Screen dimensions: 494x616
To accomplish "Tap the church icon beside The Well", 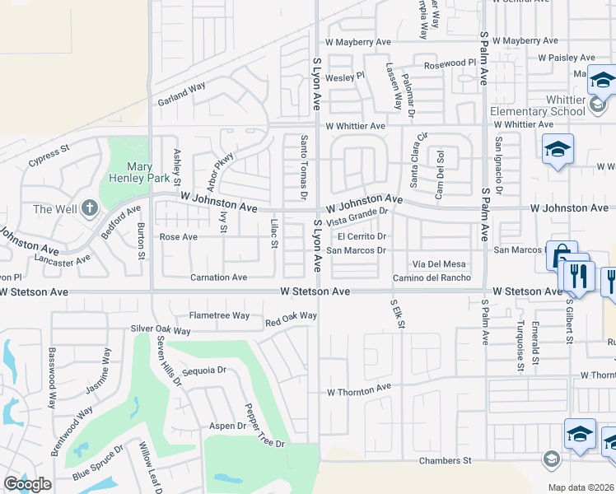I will [x=89, y=208].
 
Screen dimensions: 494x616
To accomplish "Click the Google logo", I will [x=27, y=484].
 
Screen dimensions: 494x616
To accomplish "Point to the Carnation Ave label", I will [x=218, y=277].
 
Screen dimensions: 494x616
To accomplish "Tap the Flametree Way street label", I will [x=219, y=315].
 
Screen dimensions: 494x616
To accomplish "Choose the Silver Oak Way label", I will [x=161, y=330].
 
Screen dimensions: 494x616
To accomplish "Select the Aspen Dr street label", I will [x=227, y=426].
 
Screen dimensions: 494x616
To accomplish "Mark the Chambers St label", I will [x=444, y=461].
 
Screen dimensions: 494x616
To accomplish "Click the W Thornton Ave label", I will [x=359, y=389].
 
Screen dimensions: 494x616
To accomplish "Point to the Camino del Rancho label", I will [x=432, y=277].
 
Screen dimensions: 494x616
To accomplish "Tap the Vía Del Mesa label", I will [x=439, y=263].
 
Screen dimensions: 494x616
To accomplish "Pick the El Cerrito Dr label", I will [x=362, y=237].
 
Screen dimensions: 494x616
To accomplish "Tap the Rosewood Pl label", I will [x=450, y=63].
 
